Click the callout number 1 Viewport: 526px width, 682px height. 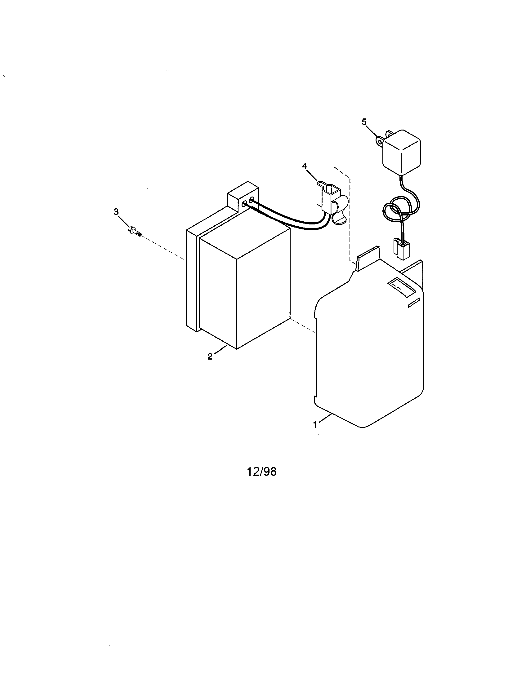315,424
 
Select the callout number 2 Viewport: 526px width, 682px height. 210,356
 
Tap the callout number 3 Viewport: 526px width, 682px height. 116,212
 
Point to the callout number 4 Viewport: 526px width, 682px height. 305,166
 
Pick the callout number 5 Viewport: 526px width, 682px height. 364,122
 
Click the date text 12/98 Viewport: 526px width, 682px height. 262,472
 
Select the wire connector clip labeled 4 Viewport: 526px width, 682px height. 331,201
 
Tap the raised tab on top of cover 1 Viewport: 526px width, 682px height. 368,254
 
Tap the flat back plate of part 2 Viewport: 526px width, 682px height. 192,280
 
